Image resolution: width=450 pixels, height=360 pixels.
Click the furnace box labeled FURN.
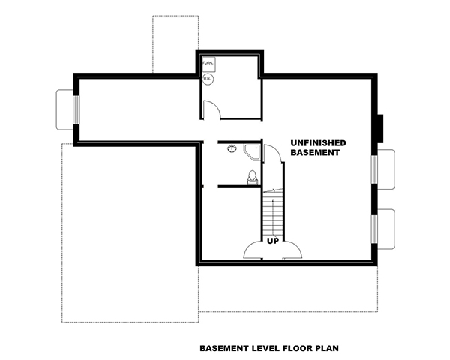pyautogui.click(x=208, y=63)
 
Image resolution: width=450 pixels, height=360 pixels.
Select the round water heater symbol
pyautogui.click(x=208, y=76)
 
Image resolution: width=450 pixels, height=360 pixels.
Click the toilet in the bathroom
pyautogui.click(x=252, y=178)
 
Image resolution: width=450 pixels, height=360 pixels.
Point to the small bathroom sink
pyautogui.click(x=232, y=149)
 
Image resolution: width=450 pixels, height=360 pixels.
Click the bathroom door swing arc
pyautogui.click(x=273, y=154)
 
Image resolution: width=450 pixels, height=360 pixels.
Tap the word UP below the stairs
pyautogui.click(x=274, y=241)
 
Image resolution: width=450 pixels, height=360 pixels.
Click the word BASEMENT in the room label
pyautogui.click(x=316, y=153)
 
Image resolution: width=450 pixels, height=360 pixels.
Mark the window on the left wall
pyautogui.click(x=76, y=109)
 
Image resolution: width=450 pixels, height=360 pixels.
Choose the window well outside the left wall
pyautogui.click(x=64, y=109)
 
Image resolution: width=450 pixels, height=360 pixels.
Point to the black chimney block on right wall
pyautogui.click(x=379, y=127)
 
